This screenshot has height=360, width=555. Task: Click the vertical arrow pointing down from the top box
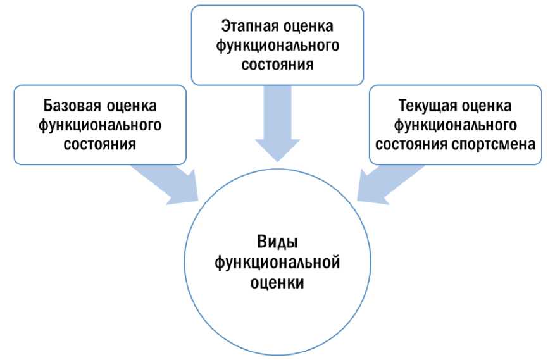[x=277, y=123]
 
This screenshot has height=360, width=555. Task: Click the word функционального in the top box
[x=278, y=46]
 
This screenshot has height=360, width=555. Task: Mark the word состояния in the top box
[x=278, y=65]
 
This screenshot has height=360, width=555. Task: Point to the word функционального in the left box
[x=100, y=124]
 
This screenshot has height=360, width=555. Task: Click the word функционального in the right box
[x=455, y=124]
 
